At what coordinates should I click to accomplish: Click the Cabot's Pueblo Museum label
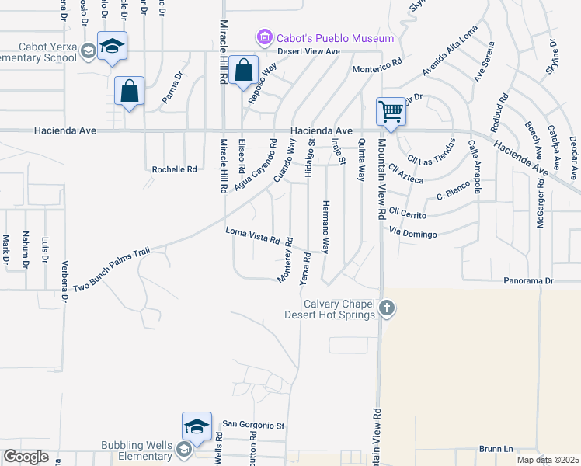click(x=336, y=37)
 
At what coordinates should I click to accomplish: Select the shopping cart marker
click(x=390, y=111)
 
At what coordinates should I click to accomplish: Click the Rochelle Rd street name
click(x=175, y=169)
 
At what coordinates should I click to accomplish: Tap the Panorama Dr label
click(x=548, y=280)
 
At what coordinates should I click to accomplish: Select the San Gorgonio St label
click(x=255, y=425)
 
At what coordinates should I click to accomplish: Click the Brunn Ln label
click(x=496, y=449)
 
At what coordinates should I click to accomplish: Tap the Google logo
click(x=26, y=456)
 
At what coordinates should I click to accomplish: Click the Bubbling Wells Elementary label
click(x=137, y=450)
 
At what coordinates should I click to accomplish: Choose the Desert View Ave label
click(x=310, y=52)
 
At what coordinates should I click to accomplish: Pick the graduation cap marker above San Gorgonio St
click(x=197, y=426)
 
